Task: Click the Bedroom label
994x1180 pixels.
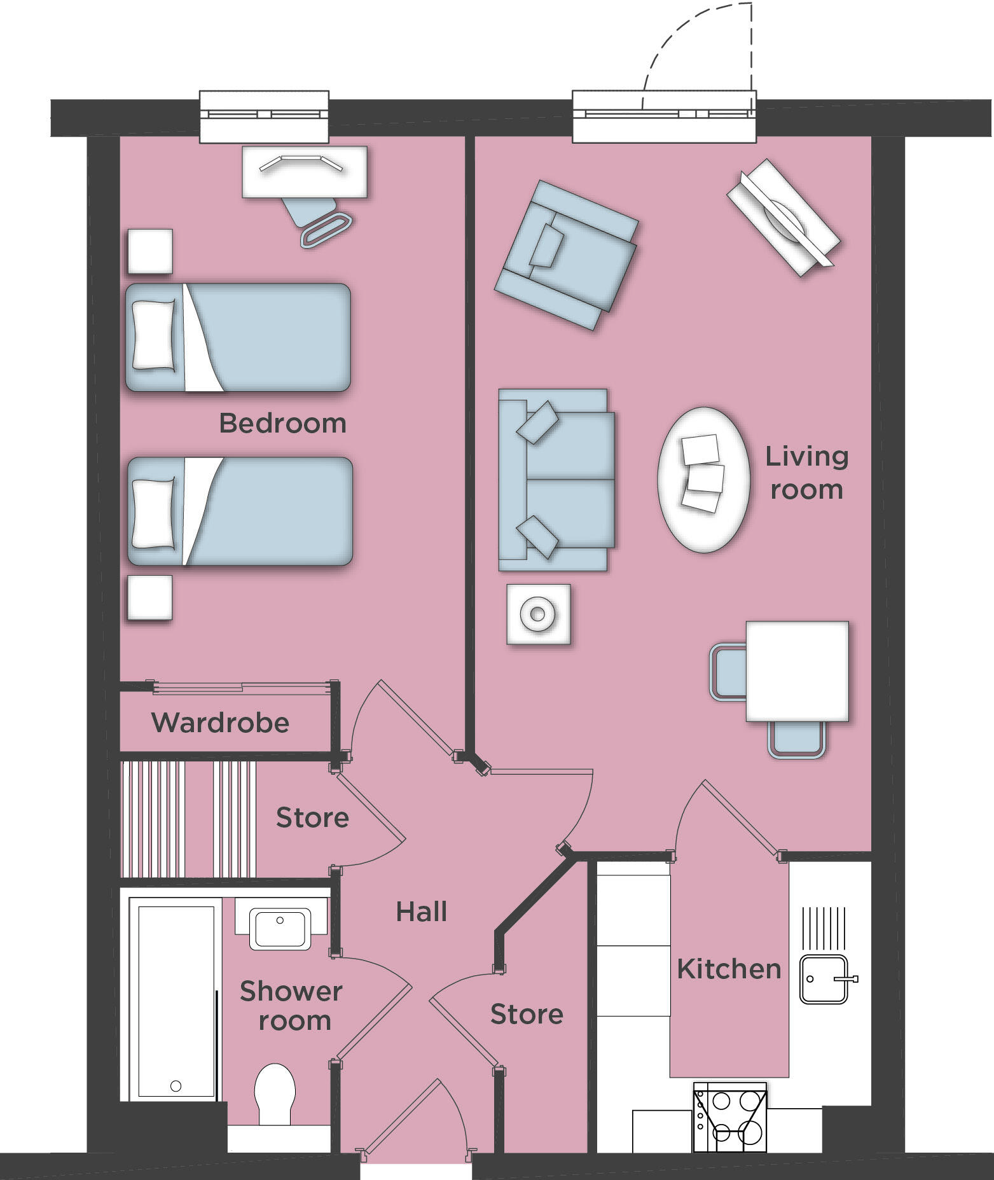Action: pos(282,424)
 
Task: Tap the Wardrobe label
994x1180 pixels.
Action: pos(220,723)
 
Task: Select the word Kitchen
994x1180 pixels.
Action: pos(729,969)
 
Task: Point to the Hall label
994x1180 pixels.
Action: pos(421,912)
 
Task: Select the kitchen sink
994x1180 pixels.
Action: pos(824,979)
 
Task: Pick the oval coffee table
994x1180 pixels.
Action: pos(703,479)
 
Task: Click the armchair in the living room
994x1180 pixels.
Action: pos(566,255)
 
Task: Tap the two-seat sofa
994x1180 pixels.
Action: pos(556,479)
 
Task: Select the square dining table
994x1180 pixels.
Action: pos(797,671)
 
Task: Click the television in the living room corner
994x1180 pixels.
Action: pos(783,216)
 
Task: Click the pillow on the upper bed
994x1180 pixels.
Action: pos(153,335)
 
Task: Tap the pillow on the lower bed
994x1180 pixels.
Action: pos(153,513)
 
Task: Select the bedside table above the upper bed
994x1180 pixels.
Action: pos(150,251)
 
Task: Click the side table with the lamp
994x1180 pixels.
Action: pos(538,614)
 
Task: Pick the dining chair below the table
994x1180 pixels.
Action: pos(797,739)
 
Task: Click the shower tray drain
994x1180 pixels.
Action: pos(176,1086)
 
